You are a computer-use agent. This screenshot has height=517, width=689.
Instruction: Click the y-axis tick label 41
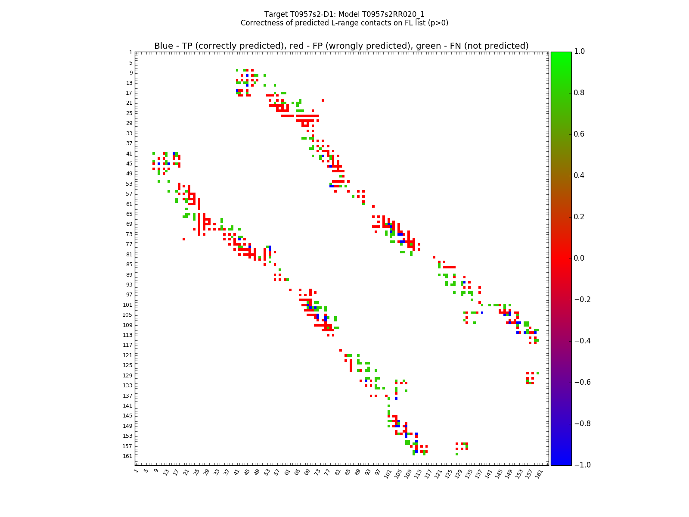(x=129, y=154)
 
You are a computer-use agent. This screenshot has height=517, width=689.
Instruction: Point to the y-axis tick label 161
(x=127, y=456)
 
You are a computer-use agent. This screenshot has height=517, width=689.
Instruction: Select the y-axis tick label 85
(x=129, y=265)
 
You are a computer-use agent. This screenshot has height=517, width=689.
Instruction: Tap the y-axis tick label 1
(x=130, y=53)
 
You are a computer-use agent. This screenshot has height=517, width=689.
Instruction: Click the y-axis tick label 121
(x=127, y=355)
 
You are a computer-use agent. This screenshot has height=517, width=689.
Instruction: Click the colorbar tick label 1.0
(x=579, y=52)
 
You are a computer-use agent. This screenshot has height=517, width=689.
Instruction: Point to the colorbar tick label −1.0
(x=581, y=465)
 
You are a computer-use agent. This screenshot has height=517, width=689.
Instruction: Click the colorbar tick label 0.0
(x=579, y=258)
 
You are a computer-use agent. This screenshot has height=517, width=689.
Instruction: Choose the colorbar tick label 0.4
(x=579, y=175)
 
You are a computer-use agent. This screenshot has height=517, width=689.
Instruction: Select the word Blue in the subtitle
(x=164, y=46)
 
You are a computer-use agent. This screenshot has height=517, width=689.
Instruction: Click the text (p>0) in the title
(x=437, y=23)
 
